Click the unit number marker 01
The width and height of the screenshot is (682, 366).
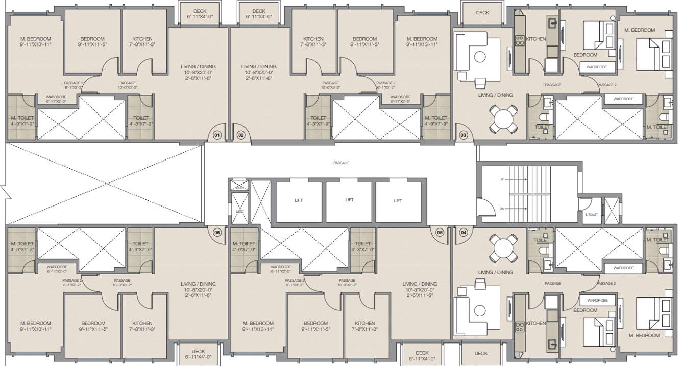(x=217, y=135)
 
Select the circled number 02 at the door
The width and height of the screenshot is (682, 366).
(x=241, y=135)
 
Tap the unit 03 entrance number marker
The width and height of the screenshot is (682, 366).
(x=464, y=135)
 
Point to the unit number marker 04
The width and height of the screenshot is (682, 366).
(x=464, y=232)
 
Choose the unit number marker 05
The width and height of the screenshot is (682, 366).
(x=440, y=232)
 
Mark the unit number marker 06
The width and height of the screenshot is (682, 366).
(x=217, y=232)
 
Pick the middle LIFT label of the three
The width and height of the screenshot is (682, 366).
(x=349, y=200)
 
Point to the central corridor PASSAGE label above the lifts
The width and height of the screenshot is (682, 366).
(x=341, y=163)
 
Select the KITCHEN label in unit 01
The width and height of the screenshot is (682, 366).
(x=142, y=39)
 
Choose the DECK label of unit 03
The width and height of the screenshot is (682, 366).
(x=482, y=13)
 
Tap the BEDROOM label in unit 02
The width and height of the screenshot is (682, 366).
(x=364, y=39)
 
